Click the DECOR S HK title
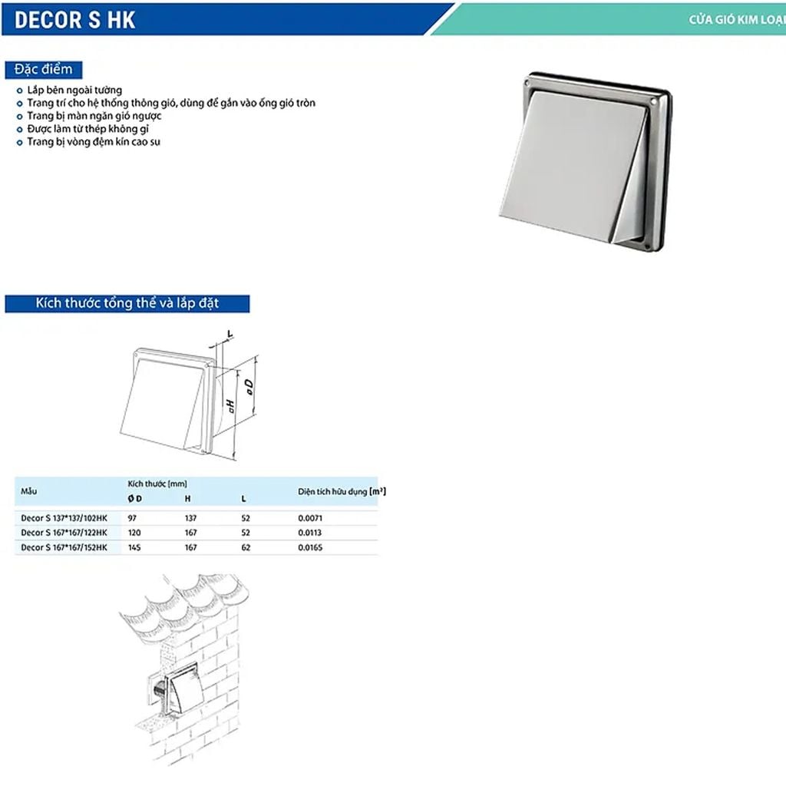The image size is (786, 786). click(75, 19)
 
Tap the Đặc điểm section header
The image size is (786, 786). click(43, 69)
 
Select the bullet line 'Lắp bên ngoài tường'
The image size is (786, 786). click(74, 90)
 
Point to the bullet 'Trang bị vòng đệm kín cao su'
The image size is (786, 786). click(93, 142)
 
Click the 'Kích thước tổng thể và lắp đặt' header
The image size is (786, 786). click(127, 303)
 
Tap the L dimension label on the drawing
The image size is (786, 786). click(230, 334)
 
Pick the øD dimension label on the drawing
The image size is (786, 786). click(250, 386)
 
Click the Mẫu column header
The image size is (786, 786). click(29, 490)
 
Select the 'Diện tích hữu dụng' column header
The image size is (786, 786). click(341, 491)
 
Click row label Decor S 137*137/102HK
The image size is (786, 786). click(64, 518)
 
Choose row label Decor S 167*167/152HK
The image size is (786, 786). click(64, 547)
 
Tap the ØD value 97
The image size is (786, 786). click(133, 518)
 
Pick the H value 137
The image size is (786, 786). click(190, 518)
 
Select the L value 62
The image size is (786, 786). click(245, 547)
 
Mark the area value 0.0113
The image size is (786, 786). click(310, 533)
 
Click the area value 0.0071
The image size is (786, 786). click(310, 518)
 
